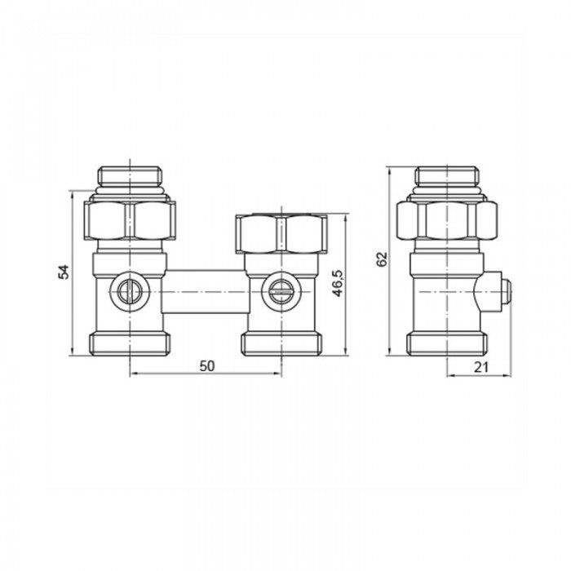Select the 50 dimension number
coord(206,366)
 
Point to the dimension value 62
coord(381,260)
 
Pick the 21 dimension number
coord(480,367)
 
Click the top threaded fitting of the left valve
coord(131,175)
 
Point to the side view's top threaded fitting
coord(446,175)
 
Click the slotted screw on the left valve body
coord(129,287)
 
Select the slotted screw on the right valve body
coord(280,287)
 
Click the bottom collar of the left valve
coord(131,343)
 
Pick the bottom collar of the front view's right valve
coord(280,343)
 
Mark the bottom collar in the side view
coord(446,343)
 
